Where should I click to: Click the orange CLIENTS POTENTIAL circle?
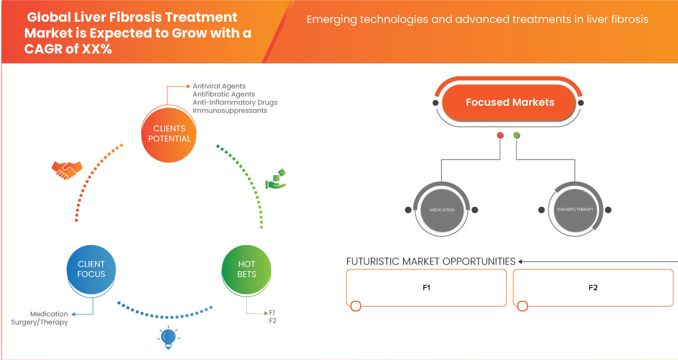(169, 133)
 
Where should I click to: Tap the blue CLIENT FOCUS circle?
(91, 269)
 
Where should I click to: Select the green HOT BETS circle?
(247, 269)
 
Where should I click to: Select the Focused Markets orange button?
(510, 102)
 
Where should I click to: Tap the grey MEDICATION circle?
(442, 210)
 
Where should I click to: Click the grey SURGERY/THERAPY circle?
(575, 210)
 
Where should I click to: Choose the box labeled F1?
(426, 287)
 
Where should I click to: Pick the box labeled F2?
(593, 287)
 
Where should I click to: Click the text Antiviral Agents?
(219, 86)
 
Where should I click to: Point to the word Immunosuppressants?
(230, 111)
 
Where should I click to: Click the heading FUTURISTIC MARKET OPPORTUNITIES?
(431, 262)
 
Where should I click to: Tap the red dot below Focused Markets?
(500, 136)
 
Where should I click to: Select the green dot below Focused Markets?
(517, 136)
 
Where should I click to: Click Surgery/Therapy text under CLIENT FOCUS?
(39, 322)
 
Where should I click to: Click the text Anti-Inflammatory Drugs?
(235, 102)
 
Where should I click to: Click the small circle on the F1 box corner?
(356, 306)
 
